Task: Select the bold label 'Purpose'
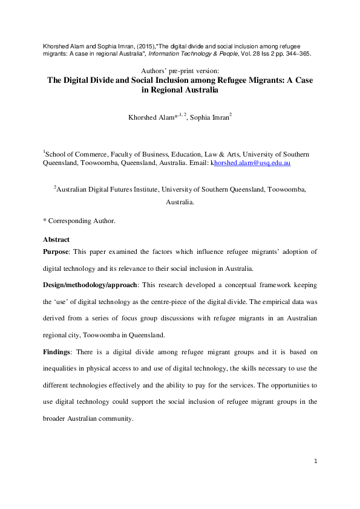59,251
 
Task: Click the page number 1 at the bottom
316,462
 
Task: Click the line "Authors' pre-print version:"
180,71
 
